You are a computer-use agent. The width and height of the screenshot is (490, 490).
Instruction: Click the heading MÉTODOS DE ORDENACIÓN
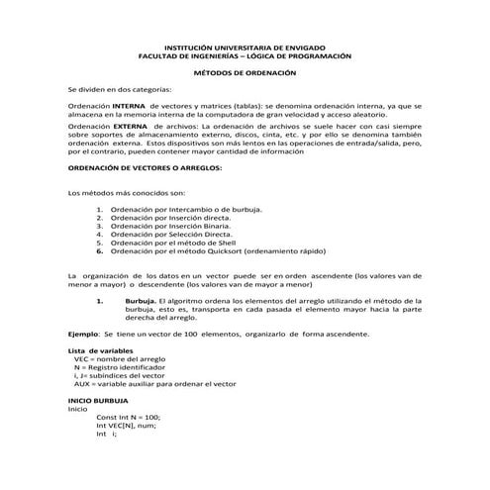tap(244, 74)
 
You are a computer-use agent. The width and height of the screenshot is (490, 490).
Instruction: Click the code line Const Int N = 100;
tap(129, 417)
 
